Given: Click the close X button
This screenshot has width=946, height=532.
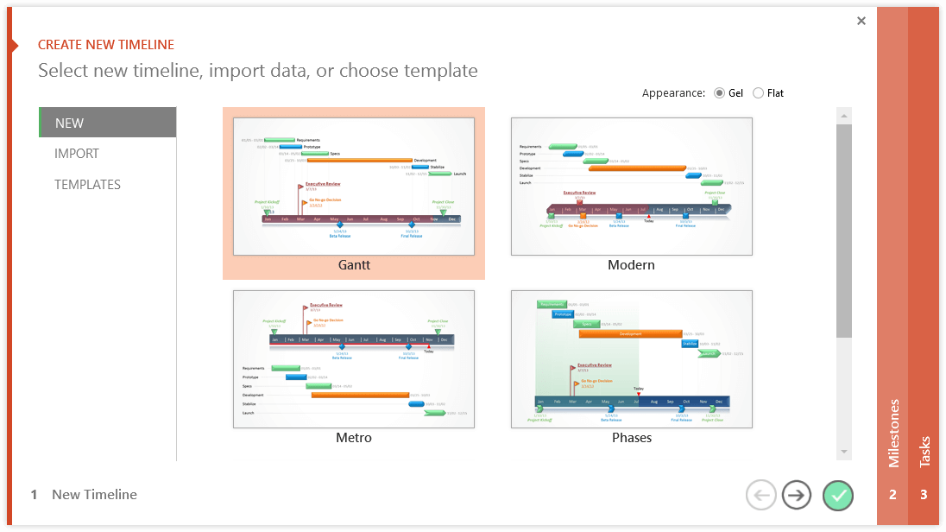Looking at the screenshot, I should click(x=861, y=22).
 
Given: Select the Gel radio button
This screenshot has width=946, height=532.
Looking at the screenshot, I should click(x=720, y=93).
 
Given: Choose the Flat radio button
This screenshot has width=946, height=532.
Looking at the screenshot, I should click(x=759, y=93).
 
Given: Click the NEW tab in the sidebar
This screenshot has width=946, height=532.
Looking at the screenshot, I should click(x=108, y=123).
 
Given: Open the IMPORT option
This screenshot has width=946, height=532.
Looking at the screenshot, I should click(x=77, y=154).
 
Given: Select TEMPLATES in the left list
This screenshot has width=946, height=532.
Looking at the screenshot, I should click(x=87, y=185).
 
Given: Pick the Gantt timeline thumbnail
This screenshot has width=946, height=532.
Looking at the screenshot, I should click(x=354, y=187).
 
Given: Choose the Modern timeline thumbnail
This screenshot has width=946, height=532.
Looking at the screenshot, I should click(x=631, y=187).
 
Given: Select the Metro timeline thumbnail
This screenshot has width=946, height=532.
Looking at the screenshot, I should click(x=354, y=358).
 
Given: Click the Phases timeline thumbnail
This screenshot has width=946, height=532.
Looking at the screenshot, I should click(x=631, y=358).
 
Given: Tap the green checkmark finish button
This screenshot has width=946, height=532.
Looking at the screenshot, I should click(x=837, y=495).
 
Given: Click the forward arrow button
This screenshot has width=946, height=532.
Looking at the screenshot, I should click(x=797, y=495).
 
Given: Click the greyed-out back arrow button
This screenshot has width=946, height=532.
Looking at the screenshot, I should click(x=760, y=495).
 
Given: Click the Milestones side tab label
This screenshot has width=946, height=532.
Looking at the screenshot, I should click(x=893, y=433).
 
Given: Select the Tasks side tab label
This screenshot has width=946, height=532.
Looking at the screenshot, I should click(x=924, y=451).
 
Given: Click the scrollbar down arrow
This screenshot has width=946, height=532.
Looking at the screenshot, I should click(x=844, y=452).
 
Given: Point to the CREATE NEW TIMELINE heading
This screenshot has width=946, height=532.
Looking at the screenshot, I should click(x=106, y=45).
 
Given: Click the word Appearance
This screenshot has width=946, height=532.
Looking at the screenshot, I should click(x=671, y=93).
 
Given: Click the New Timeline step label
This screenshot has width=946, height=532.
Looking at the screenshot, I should click(x=94, y=495).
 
